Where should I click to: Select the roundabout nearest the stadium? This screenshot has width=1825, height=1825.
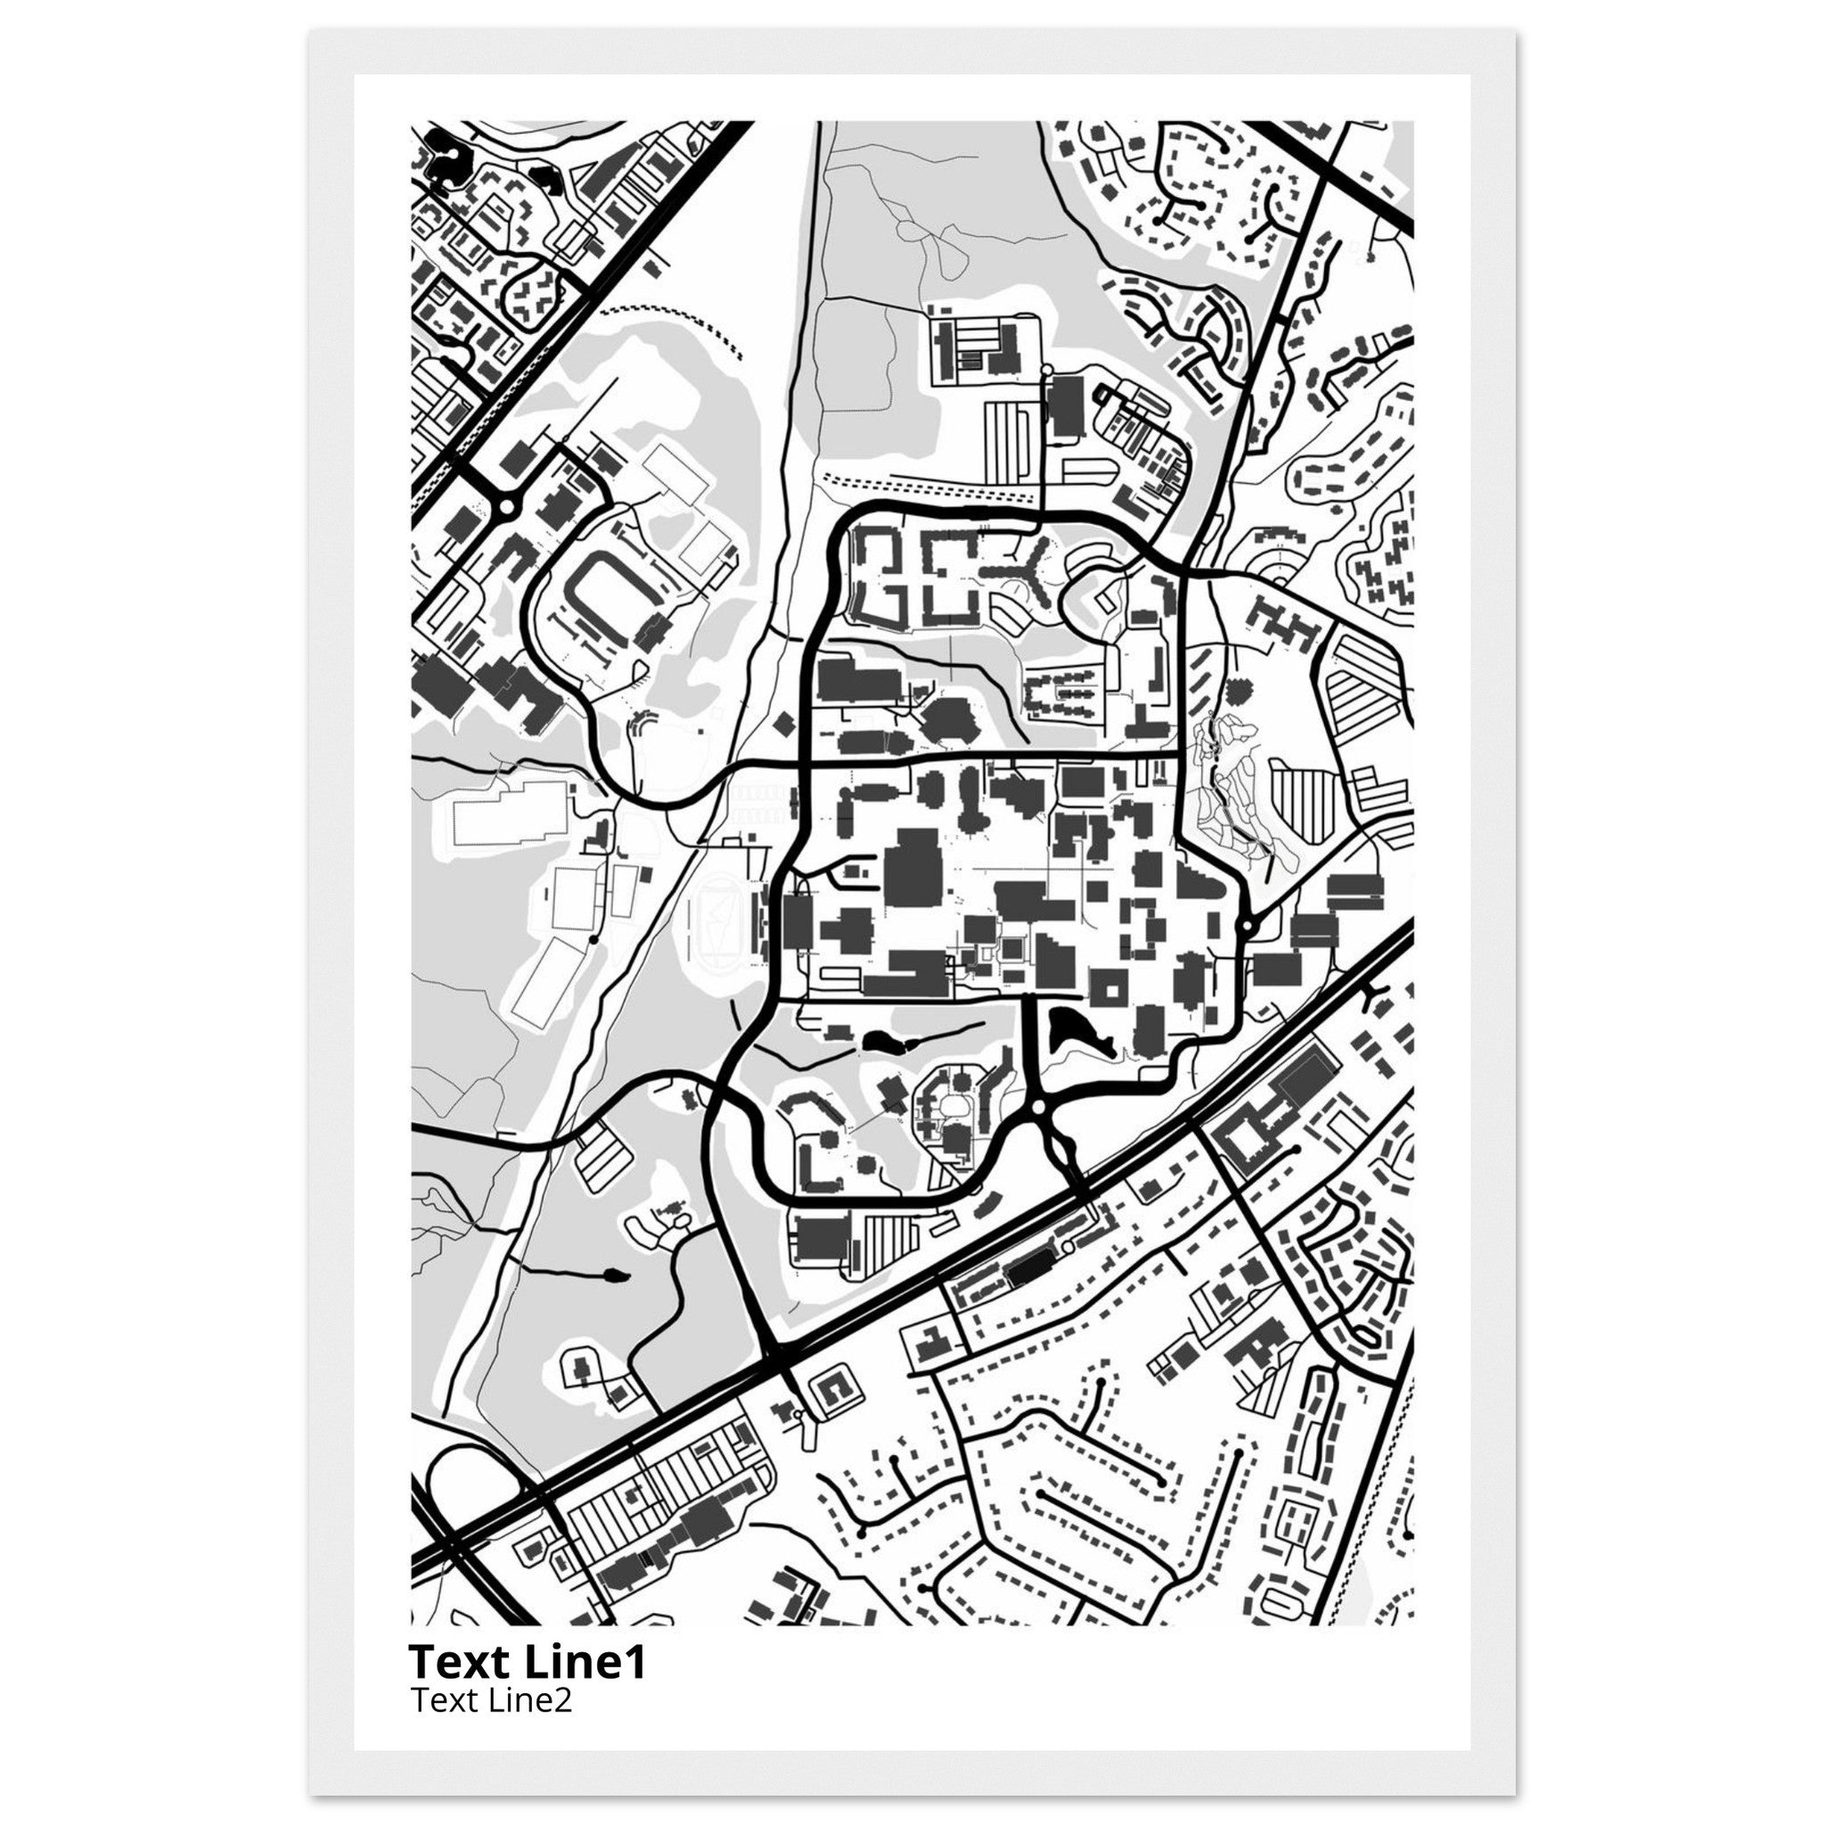(506, 507)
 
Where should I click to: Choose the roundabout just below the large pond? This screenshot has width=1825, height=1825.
(1038, 1106)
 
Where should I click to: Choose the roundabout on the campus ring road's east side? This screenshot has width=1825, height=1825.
(1247, 926)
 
